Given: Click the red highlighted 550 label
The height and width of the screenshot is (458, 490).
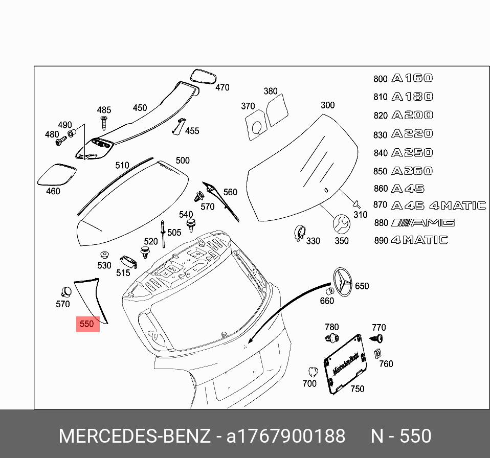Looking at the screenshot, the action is click(87, 324).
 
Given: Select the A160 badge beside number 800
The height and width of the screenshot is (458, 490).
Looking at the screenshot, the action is click(412, 78).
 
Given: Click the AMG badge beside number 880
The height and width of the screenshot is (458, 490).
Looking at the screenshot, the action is click(423, 222).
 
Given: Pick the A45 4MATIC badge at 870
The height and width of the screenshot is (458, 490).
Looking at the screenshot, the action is click(438, 205).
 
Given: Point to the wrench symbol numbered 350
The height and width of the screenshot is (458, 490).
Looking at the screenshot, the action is click(341, 224).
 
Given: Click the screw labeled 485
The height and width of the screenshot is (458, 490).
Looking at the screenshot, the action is click(104, 123).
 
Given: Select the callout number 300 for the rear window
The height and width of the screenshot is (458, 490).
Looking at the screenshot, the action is click(327, 105).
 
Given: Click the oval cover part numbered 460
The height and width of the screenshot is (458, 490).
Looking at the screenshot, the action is click(57, 174).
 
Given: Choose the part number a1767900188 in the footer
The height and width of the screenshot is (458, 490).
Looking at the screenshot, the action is click(286, 436).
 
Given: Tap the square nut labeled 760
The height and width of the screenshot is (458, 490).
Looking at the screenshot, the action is click(378, 353).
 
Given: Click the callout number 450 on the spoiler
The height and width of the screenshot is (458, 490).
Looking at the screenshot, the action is click(140, 108).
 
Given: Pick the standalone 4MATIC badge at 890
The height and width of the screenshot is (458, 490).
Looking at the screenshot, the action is click(419, 240).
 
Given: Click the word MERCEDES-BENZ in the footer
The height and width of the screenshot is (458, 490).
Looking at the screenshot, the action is click(134, 436).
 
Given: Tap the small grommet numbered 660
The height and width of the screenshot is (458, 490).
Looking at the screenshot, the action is click(329, 291).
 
